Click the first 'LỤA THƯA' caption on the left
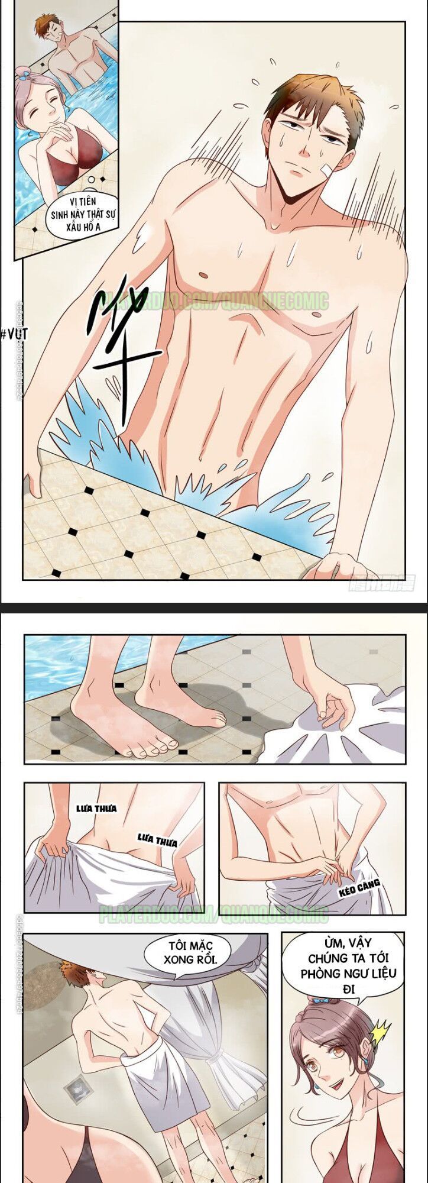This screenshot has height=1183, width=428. [96, 809]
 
